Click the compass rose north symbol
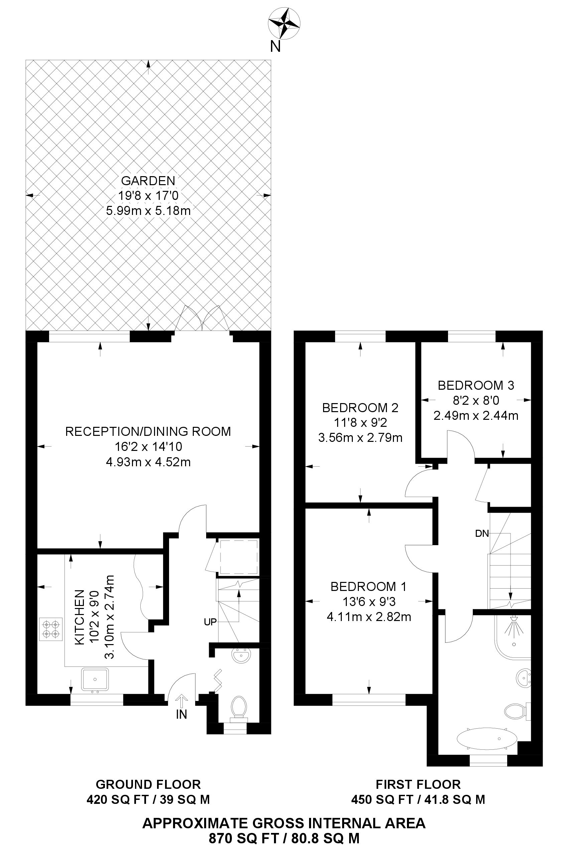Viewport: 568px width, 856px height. (284, 23)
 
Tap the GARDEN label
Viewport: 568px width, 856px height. (148, 180)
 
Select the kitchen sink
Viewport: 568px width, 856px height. (95, 679)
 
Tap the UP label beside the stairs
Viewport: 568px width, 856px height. (210, 622)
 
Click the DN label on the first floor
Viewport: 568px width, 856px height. (482, 533)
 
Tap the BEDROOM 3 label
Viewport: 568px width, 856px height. (476, 385)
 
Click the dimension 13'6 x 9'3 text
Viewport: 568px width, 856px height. (369, 602)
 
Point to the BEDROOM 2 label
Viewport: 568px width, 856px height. (360, 408)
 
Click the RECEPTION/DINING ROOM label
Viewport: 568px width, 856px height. (148, 431)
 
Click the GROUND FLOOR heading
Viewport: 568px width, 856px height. (148, 784)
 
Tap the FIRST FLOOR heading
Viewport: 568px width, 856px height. (418, 784)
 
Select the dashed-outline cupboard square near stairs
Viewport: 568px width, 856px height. (239, 557)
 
